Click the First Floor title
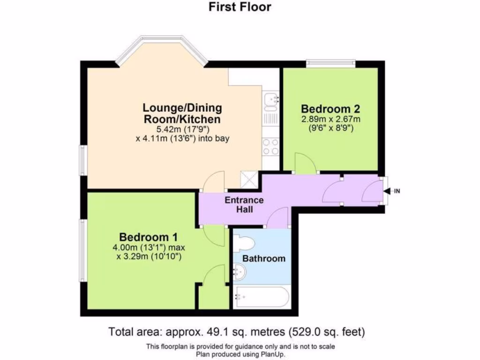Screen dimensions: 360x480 click(240, 7)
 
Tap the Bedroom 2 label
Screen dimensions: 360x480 click(330, 109)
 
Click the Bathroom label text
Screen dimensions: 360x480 click(264, 258)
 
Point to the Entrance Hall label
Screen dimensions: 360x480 click(244, 204)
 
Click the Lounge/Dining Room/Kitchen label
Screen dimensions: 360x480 click(182, 113)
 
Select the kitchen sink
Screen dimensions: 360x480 click(270, 100)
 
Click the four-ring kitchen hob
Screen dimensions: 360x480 click(270, 146)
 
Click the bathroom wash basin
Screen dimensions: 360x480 click(239, 271)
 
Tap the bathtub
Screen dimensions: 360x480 click(261, 296)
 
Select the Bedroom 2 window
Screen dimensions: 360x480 click(331, 62)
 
